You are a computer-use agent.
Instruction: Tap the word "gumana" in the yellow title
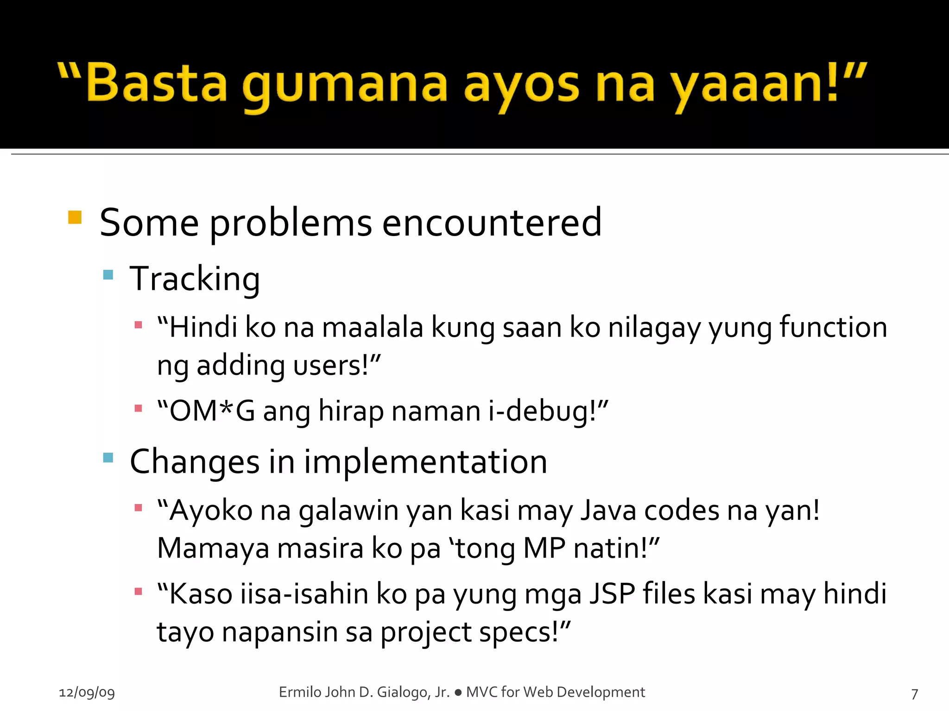tap(344, 86)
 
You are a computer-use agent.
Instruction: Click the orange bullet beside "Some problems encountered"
tap(75, 217)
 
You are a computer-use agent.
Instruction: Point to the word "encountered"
tap(492, 223)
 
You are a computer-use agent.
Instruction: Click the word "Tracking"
tap(195, 279)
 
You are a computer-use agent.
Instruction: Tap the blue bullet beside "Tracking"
tap(108, 275)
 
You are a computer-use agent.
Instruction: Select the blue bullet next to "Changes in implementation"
tap(108, 458)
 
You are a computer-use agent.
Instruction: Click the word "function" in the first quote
tap(833, 327)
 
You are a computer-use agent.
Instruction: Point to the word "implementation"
tap(425, 462)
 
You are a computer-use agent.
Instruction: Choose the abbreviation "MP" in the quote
tap(544, 549)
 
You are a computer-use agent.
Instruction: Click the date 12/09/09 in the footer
tap(87, 692)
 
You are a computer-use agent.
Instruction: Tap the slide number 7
tap(914, 694)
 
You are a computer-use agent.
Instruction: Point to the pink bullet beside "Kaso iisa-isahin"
tap(138, 591)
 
